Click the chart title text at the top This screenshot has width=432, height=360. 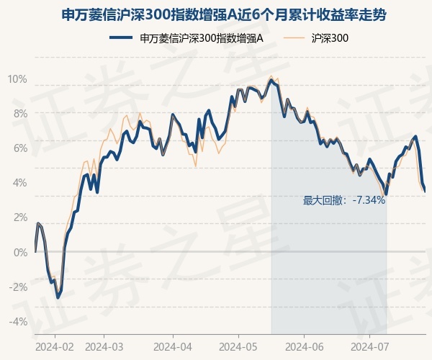(223, 14)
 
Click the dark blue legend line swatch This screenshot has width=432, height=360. (121, 37)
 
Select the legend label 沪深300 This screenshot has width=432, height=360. (330, 38)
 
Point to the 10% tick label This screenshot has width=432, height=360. (17, 79)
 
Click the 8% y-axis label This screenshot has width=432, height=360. (20, 114)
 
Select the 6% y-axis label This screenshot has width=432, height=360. (20, 148)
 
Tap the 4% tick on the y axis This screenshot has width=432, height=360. (20, 183)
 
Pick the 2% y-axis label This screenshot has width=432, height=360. (20, 217)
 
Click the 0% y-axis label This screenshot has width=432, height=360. (20, 252)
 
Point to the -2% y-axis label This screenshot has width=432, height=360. (19, 287)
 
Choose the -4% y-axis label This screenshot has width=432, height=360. (19, 322)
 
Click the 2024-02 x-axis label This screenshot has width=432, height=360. (55, 347)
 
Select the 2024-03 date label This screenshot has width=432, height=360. (104, 347)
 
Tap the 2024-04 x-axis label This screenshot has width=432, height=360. (173, 347)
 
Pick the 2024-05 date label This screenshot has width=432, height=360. (238, 347)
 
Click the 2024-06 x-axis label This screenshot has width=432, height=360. (304, 347)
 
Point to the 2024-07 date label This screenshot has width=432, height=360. (370, 347)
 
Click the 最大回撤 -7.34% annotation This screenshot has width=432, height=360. (344, 200)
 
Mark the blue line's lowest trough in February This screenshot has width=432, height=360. (58, 297)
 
